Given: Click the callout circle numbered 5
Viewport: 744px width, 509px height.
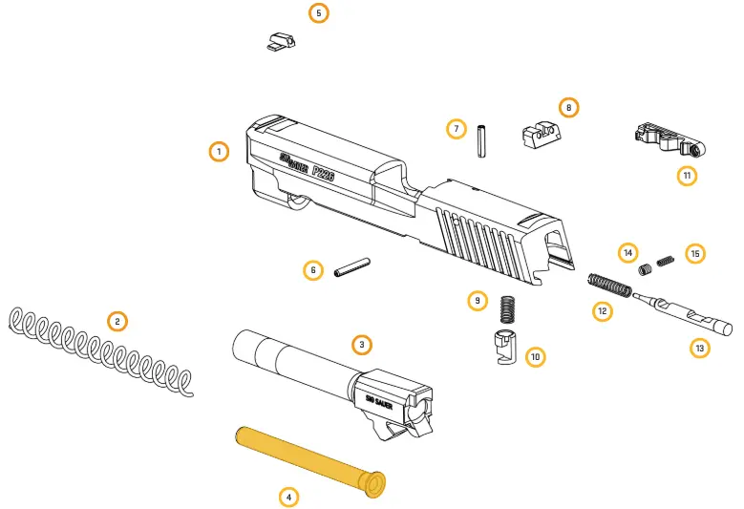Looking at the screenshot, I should point(318,13).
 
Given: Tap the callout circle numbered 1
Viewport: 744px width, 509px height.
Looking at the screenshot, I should point(219,152).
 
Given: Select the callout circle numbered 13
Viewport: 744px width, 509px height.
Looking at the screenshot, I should point(700,349).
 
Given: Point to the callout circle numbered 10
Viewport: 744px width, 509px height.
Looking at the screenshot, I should point(535,357).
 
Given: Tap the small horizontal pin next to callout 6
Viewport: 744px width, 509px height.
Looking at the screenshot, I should point(352,269).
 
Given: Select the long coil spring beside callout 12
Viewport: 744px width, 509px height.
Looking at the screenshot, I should point(609,285).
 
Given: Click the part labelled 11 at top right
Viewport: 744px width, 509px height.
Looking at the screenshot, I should point(667,141).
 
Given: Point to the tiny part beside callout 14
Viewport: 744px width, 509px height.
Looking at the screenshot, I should point(645,269).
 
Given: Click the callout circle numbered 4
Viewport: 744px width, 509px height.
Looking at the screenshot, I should point(288,498).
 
